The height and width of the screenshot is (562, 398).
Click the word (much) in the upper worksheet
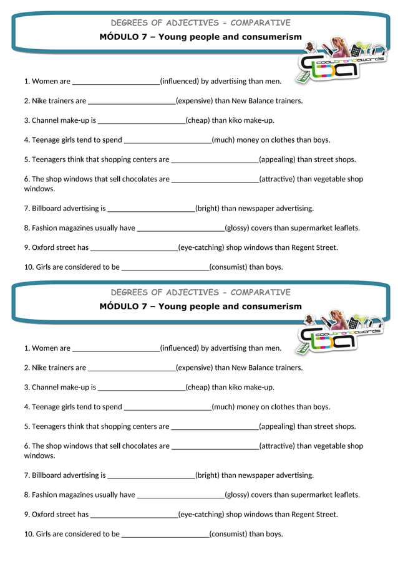(223, 140)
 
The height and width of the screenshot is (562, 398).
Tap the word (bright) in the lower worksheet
(207, 475)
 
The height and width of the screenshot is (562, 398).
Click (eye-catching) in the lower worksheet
(201, 515)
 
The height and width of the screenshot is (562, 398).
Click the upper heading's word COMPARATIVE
(260, 23)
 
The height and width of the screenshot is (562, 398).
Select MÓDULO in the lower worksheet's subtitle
(119, 307)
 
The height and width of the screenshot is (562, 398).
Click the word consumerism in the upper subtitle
(272, 37)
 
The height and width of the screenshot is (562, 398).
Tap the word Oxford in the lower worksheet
(43, 515)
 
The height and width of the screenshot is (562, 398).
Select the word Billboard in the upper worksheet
(48, 209)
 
